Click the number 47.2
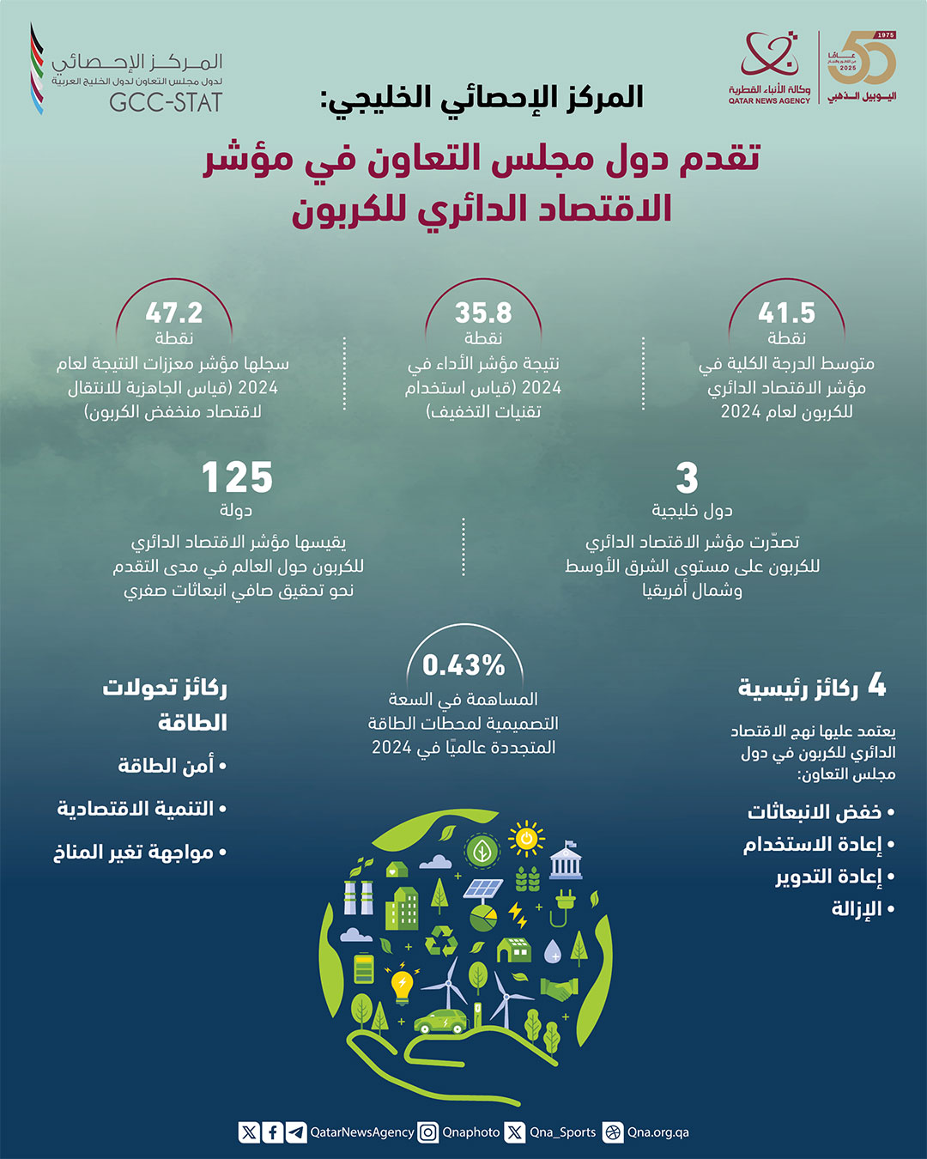tap(174, 313)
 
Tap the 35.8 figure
tap(483, 313)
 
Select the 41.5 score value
tap(786, 313)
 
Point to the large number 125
tap(237, 477)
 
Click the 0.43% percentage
tap(463, 664)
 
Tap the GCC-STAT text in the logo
tap(166, 102)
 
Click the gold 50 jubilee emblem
tap(861, 60)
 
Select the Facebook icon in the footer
tap(272, 1132)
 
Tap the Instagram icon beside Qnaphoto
tap(427, 1132)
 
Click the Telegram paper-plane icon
tap(296, 1132)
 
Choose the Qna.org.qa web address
tap(657, 1132)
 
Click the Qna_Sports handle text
tap(562, 1132)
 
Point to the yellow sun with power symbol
tap(526, 839)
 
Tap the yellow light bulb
tap(401, 985)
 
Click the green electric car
tap(440, 1021)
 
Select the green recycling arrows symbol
tap(442, 939)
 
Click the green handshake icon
tap(559, 989)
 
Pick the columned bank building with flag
tap(566, 860)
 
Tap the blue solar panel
tap(483, 888)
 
